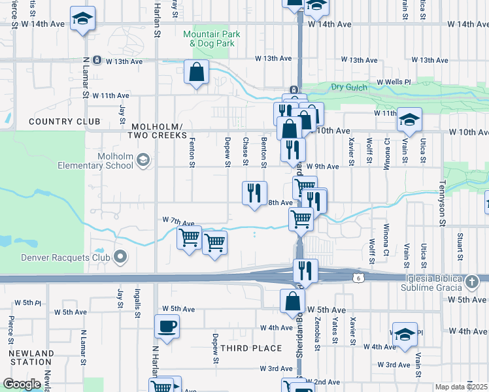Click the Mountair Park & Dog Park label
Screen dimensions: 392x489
tap(212, 39)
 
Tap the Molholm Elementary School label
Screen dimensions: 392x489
tap(115, 161)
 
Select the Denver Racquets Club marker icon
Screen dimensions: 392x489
tap(120, 257)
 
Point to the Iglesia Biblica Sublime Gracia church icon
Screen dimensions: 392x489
tap(473, 282)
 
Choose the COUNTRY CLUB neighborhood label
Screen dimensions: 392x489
tap(64, 122)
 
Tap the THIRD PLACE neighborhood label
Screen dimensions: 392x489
tap(250, 348)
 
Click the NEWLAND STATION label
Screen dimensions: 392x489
tap(31, 358)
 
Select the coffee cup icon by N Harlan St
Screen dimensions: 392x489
tap(167, 325)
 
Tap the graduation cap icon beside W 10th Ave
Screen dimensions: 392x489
tap(409, 119)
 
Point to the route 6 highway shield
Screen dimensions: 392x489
tap(358, 278)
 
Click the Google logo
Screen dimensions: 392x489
tap(22, 384)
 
